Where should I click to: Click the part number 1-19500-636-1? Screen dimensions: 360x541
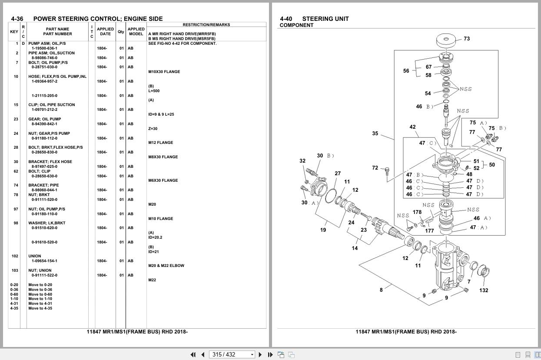44,48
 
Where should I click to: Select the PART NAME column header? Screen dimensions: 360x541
57,31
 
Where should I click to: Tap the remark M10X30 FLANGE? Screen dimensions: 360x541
164,72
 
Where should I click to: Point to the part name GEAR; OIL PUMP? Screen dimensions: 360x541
44,119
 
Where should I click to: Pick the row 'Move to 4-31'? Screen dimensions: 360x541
40,303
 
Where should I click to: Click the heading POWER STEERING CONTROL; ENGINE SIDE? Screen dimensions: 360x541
98,19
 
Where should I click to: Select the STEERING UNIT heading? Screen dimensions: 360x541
325,19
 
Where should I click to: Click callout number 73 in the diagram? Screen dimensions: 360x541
466,39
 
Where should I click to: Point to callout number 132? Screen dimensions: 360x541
484,290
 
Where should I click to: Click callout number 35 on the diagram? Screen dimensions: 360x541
375,133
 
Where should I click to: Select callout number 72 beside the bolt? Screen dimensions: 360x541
375,168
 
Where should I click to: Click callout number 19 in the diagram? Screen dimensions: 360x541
323,230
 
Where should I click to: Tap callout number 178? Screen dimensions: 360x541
417,212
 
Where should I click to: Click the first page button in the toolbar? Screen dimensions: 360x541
193,354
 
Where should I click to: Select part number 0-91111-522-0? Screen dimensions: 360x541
44,275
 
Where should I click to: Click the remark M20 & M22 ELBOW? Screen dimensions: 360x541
166,266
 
